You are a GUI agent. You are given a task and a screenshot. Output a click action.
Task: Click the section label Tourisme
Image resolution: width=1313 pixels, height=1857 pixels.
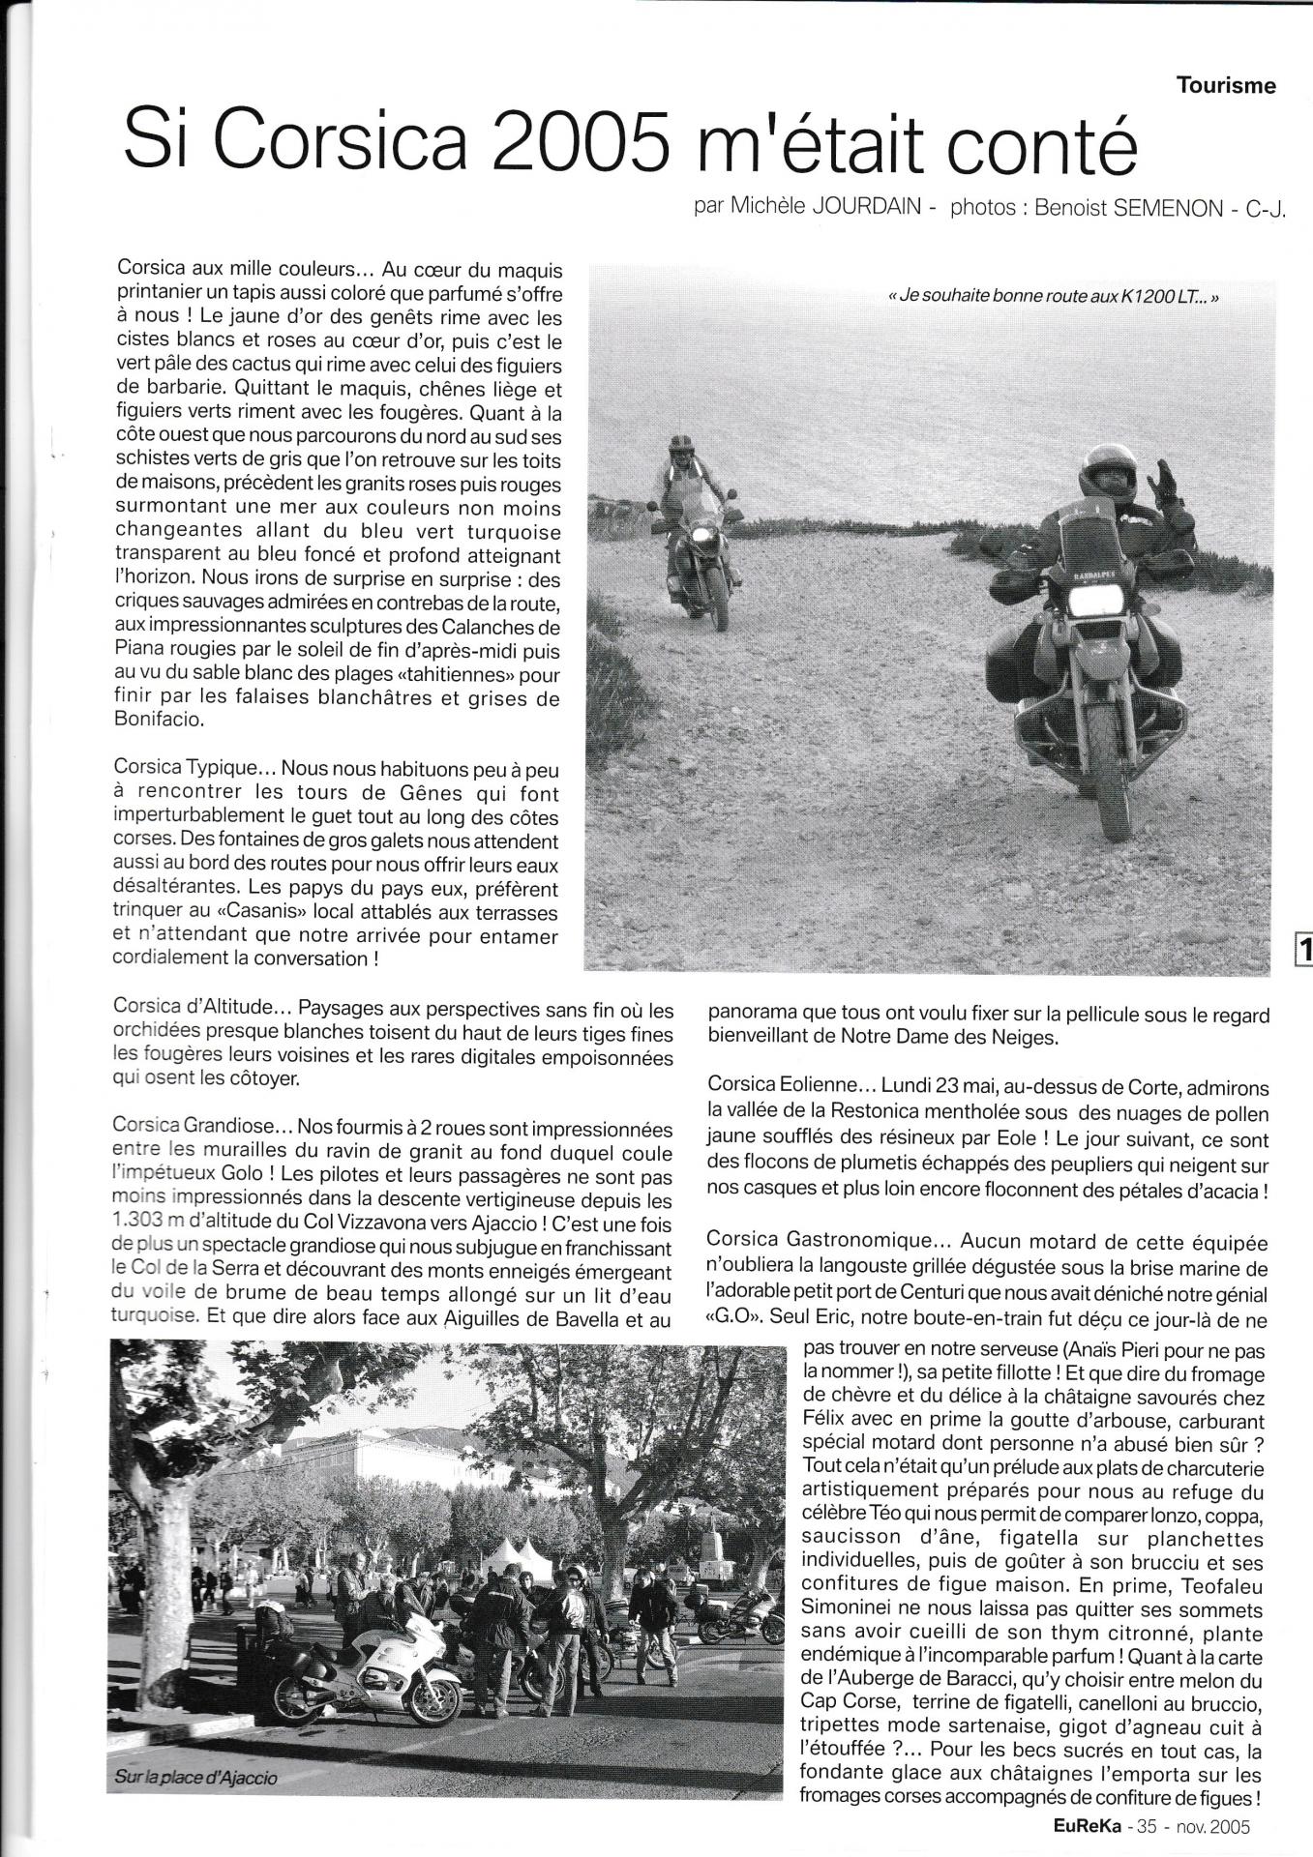point(1226,86)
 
